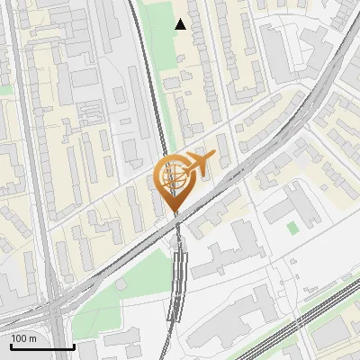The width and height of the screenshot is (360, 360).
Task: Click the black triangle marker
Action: pos(181,24)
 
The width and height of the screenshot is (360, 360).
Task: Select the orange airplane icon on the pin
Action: pos(199,163)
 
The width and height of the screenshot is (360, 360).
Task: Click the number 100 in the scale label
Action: pos(20,338)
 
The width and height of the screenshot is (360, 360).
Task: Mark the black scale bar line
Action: pos(42,346)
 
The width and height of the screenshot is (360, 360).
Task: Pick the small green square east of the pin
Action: pos(292,228)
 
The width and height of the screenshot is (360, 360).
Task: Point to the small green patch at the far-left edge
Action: pos(4,90)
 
